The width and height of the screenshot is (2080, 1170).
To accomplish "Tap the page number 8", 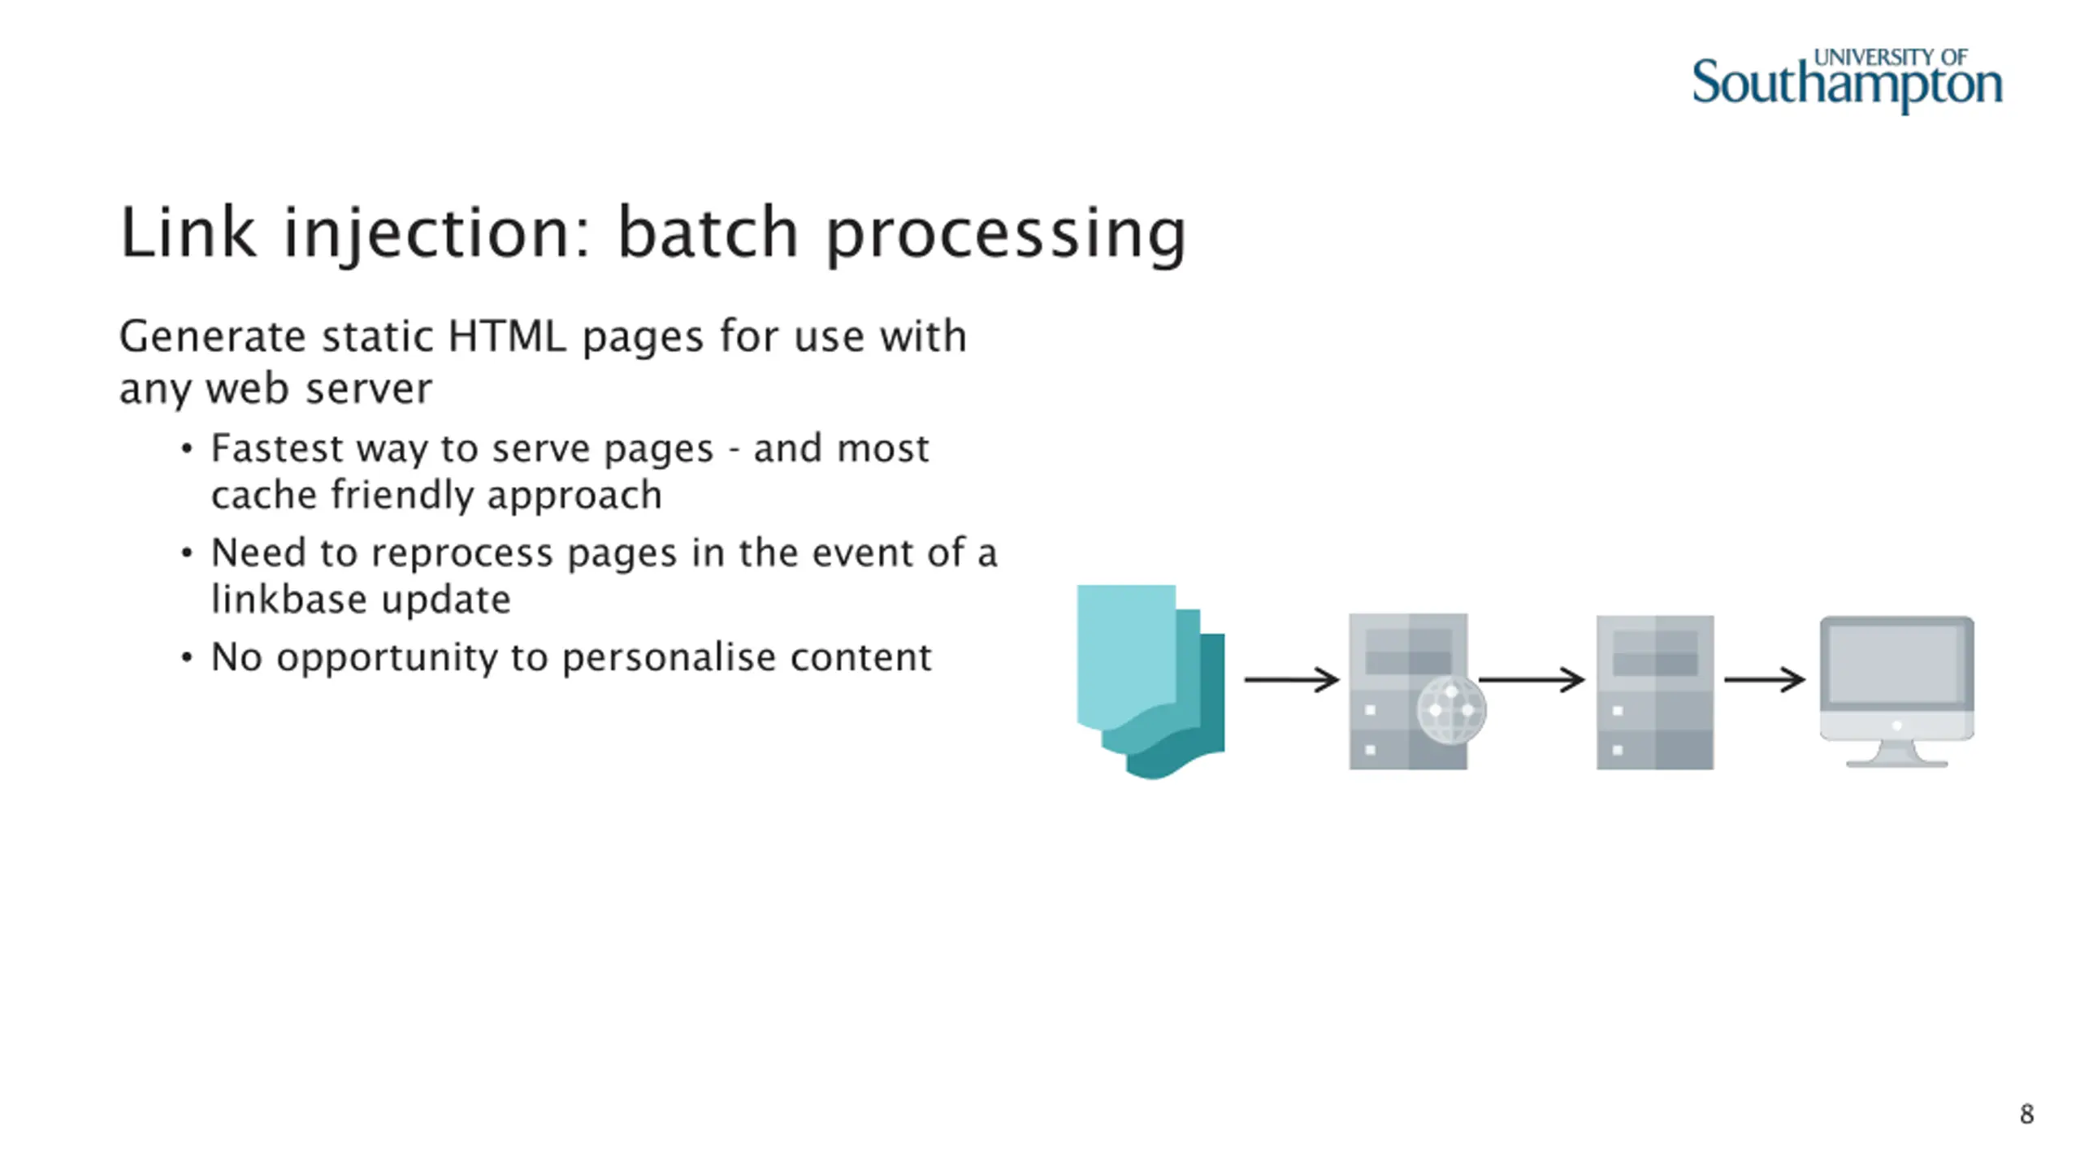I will (x=2026, y=1114).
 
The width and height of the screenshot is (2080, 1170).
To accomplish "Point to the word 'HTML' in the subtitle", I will (x=506, y=336).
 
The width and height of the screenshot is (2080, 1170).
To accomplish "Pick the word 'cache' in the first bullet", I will (x=263, y=496).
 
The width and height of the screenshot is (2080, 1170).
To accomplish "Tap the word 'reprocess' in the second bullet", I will (x=462, y=554).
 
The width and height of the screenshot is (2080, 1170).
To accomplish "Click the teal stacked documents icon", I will (x=1149, y=681).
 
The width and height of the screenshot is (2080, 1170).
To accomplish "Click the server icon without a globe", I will (x=1654, y=692).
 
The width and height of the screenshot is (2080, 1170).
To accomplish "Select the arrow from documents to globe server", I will (x=1291, y=679).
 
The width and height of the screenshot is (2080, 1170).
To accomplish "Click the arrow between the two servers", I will (x=1532, y=679).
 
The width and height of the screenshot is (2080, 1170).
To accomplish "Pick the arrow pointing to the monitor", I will (x=1764, y=679).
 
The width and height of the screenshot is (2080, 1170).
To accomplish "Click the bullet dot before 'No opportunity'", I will (x=187, y=657).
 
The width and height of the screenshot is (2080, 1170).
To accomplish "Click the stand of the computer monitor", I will (x=1896, y=756).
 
